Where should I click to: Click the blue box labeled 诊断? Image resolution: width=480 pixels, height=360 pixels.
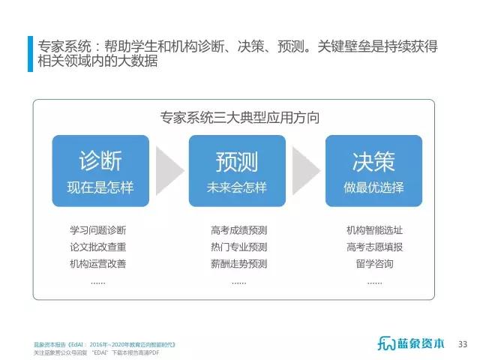(100, 171)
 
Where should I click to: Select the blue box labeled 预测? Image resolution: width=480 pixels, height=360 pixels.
(237, 171)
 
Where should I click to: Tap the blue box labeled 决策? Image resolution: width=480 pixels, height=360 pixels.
(373, 171)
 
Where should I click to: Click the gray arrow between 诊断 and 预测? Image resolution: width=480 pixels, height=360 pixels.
(170, 170)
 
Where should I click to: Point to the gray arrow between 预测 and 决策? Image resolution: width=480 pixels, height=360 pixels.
(307, 170)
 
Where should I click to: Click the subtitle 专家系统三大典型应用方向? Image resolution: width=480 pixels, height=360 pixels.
(240, 118)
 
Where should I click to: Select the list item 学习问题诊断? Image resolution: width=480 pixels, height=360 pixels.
(98, 230)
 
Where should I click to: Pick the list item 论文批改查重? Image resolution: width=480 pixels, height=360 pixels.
(98, 247)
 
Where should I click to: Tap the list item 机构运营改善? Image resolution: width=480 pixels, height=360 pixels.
(98, 263)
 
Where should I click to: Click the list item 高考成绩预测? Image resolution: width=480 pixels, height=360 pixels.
(239, 230)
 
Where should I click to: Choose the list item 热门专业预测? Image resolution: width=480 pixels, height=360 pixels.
(239, 247)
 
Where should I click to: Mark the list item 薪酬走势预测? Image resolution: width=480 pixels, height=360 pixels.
(239, 263)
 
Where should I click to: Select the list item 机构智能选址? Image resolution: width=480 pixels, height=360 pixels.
(375, 230)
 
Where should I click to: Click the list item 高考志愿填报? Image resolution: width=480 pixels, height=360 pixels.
(375, 247)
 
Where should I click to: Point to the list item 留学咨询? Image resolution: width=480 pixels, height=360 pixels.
(375, 263)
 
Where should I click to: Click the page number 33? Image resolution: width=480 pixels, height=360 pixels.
(463, 344)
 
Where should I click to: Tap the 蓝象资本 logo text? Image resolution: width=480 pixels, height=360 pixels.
(421, 343)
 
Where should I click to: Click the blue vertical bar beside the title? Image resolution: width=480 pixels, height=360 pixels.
(30, 54)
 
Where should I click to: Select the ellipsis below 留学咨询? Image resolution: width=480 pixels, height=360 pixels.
(375, 283)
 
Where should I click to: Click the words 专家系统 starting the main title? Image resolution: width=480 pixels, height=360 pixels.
(64, 46)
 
